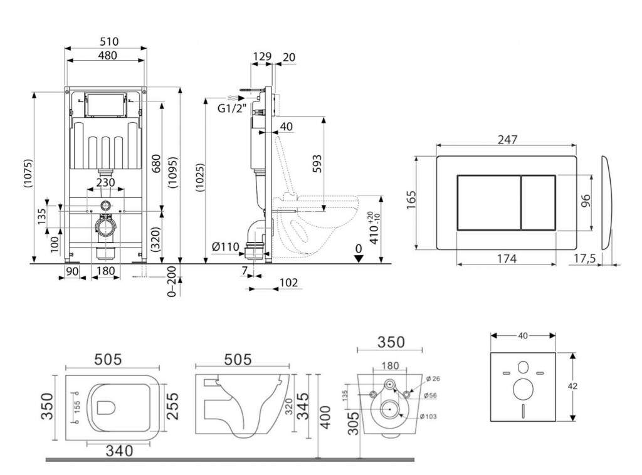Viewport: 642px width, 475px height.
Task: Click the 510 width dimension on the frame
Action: coord(106,41)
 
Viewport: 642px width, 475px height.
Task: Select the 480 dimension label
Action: coord(106,55)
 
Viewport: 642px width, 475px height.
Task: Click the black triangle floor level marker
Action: coord(358,259)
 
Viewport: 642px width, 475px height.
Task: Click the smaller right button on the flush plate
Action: coord(538,202)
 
